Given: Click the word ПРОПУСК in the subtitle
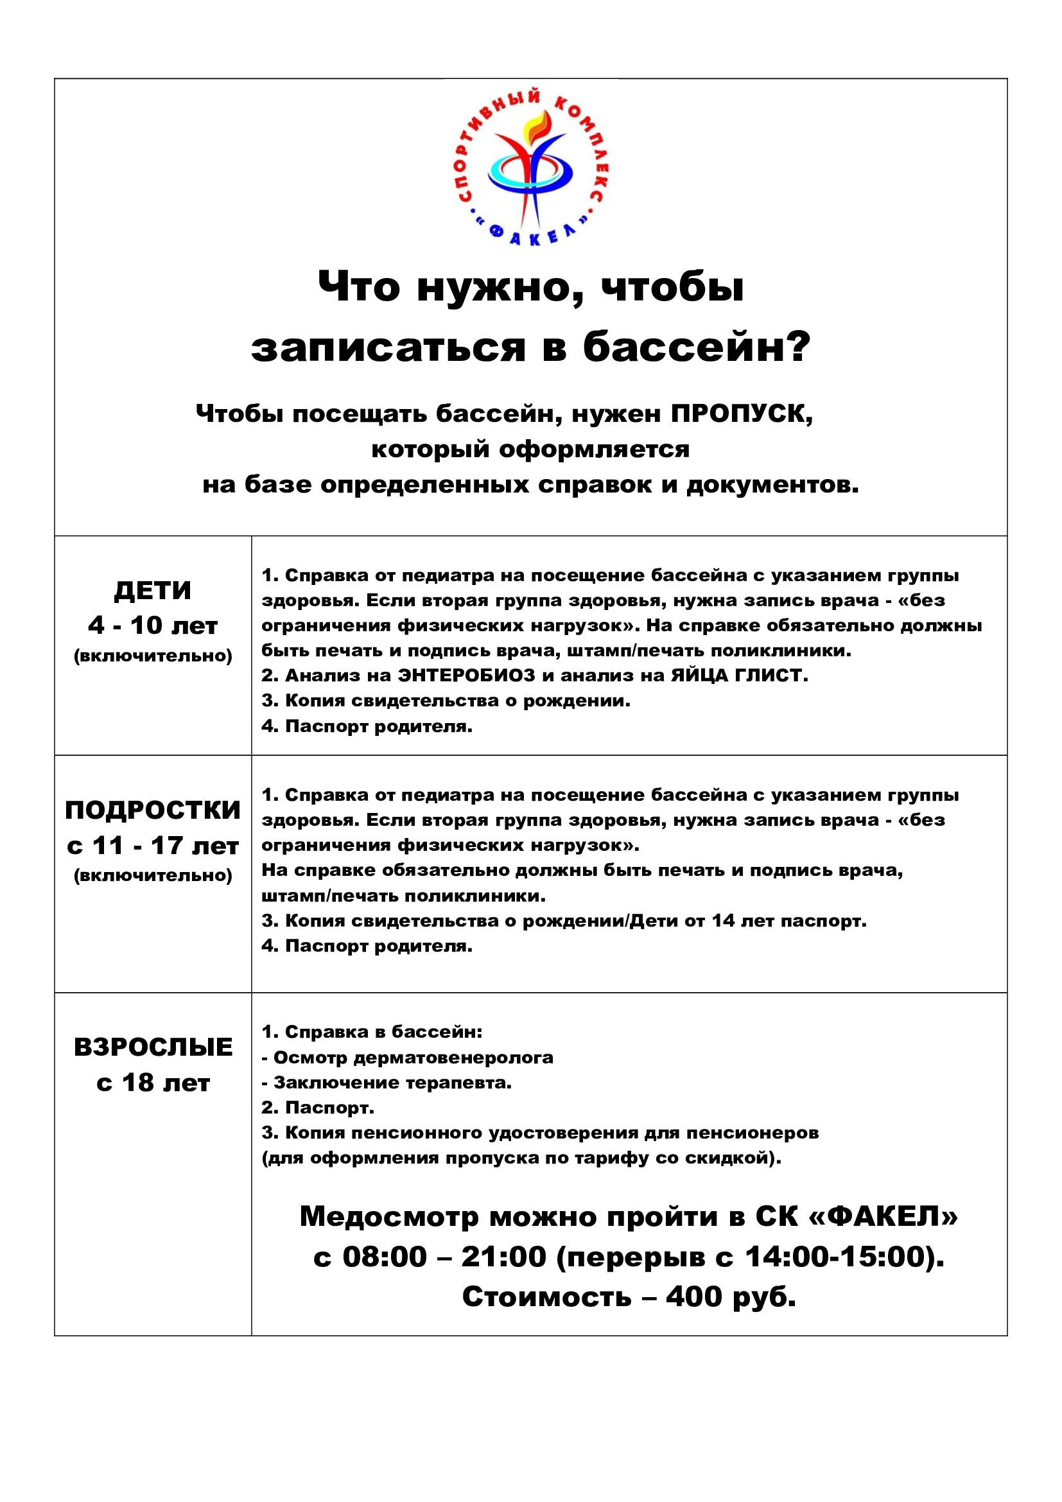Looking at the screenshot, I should point(742,414).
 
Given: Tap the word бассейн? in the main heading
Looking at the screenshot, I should point(697,346).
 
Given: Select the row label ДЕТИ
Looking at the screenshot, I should point(153,591).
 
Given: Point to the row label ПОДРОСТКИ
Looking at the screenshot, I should point(153,810).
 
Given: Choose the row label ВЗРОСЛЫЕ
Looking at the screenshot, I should point(153,1047).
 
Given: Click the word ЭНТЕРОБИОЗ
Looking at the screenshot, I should point(466,675).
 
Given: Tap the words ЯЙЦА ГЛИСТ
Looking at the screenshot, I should point(739,675).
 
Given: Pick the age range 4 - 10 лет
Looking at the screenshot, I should point(153,625).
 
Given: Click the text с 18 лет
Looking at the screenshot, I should point(153,1083).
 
